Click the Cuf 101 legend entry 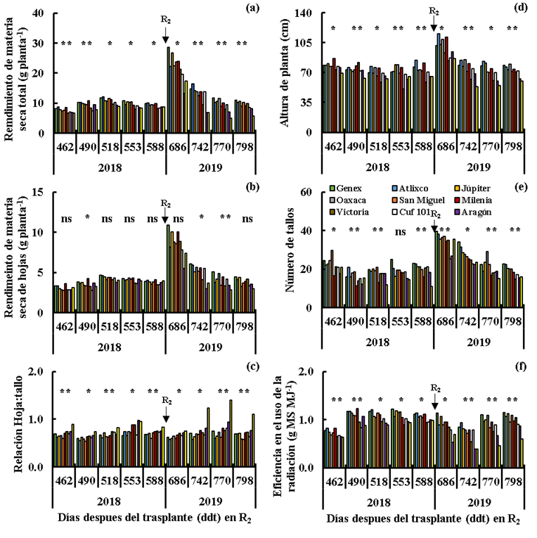coord(423,212)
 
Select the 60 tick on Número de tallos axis coord(307,193)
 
